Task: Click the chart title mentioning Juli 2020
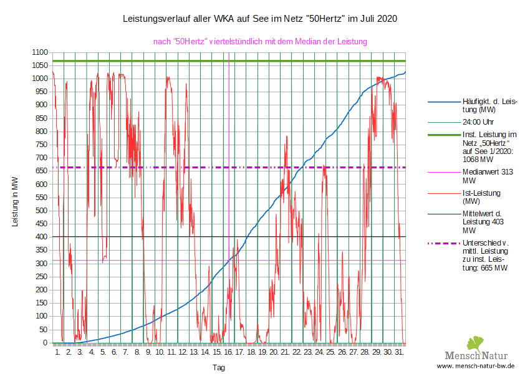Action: [x=260, y=19]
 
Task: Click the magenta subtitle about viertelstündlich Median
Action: [x=260, y=41]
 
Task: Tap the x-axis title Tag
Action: [x=219, y=368]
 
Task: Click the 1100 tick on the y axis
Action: [x=39, y=52]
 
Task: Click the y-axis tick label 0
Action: [x=45, y=342]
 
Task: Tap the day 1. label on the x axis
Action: [x=58, y=353]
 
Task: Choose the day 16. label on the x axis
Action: [x=229, y=353]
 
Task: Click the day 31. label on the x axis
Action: [x=400, y=353]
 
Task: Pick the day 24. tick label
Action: [x=320, y=353]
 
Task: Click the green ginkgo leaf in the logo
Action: [x=476, y=343]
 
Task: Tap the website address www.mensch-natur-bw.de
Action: [x=476, y=366]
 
